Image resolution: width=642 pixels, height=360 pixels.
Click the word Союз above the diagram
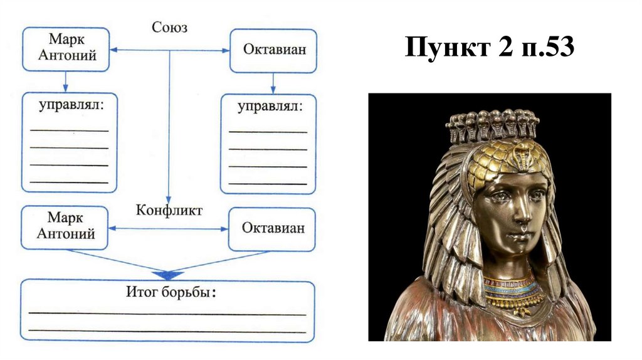pos(170,27)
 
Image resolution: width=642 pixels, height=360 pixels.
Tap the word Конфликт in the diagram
pos(169,210)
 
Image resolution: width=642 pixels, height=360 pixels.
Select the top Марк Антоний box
pos(66,49)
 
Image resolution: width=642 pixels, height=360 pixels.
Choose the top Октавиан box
pos(272,50)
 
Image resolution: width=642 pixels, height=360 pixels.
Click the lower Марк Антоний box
pos(66,227)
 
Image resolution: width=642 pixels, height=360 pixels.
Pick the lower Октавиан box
pos(271,228)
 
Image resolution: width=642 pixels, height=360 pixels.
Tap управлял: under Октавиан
pos(269,107)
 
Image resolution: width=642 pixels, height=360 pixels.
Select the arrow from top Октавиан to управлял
pos(272,83)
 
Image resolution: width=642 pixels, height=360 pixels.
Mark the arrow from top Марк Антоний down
pos(66,82)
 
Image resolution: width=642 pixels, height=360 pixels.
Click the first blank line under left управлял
pos(69,130)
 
